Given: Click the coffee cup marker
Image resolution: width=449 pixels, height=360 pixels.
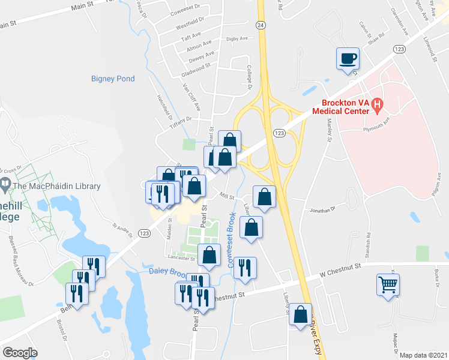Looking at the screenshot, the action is [x=348, y=59].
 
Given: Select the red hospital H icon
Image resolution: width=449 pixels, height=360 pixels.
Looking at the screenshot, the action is [x=377, y=106].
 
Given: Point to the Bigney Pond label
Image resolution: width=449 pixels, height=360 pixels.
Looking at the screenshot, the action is [x=113, y=79].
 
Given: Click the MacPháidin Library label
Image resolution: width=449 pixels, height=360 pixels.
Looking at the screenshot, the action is [x=56, y=187].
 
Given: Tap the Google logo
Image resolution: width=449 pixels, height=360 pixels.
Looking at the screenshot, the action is [x=20, y=352].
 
